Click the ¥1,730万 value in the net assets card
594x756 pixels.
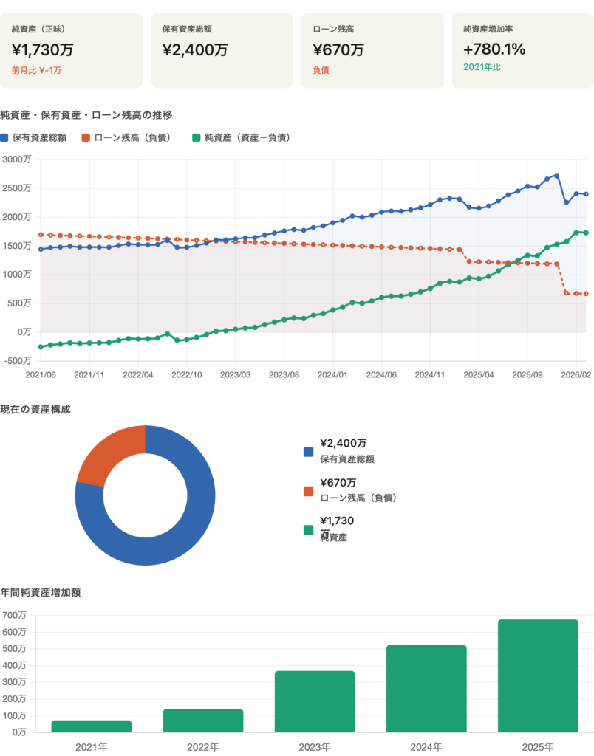point(43,50)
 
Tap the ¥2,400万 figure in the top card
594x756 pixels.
point(194,50)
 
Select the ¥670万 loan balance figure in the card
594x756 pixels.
point(338,50)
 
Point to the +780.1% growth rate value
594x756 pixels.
point(494,49)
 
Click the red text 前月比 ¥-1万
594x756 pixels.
point(37,70)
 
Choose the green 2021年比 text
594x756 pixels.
point(482,67)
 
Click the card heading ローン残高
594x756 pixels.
point(333,30)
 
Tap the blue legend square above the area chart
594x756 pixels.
point(4,138)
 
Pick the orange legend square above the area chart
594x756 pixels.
point(86,138)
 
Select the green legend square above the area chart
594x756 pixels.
point(196,138)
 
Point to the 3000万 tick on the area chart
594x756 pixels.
point(16,160)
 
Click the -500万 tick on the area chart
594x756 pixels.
point(16,361)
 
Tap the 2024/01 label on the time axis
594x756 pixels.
point(332,375)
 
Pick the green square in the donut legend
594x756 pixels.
point(308,529)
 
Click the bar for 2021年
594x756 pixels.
point(92,726)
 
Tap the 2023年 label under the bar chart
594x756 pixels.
point(315,746)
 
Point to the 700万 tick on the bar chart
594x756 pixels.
point(14,615)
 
